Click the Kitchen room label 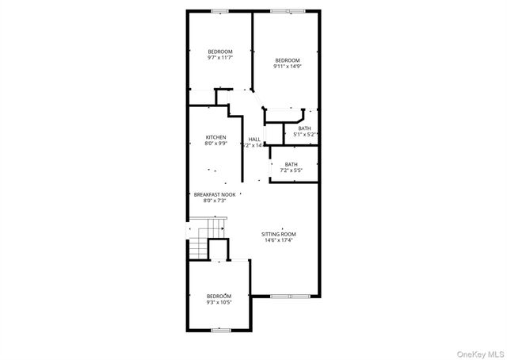tap(216, 137)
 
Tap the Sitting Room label tap(279, 234)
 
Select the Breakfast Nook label tap(215, 194)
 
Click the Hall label tap(254, 140)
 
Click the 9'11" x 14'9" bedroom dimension tap(288, 67)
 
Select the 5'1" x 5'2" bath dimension tap(305, 135)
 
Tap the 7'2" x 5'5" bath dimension tap(292, 170)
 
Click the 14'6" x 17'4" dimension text tap(279, 240)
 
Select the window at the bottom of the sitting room tap(286, 297)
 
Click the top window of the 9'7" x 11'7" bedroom tap(219, 11)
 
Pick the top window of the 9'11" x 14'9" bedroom tap(280, 11)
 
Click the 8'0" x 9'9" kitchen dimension tap(215, 144)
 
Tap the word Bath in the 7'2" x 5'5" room tap(292, 164)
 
